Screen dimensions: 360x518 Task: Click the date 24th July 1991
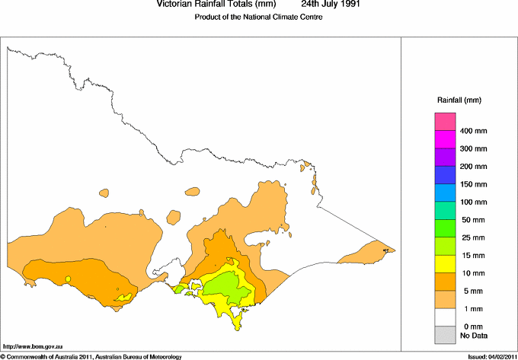click(x=326, y=5)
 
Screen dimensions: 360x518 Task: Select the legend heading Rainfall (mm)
click(x=459, y=100)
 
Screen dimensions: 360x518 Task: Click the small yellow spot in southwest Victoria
click(x=68, y=279)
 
